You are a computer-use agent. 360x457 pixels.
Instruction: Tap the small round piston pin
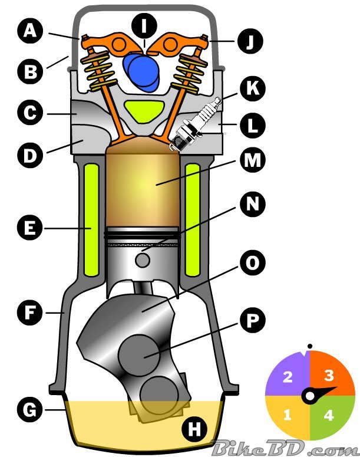(143, 258)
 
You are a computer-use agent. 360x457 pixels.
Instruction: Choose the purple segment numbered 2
(288, 377)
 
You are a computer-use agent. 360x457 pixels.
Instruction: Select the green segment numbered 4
(328, 415)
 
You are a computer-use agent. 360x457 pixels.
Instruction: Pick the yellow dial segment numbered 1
(288, 415)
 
